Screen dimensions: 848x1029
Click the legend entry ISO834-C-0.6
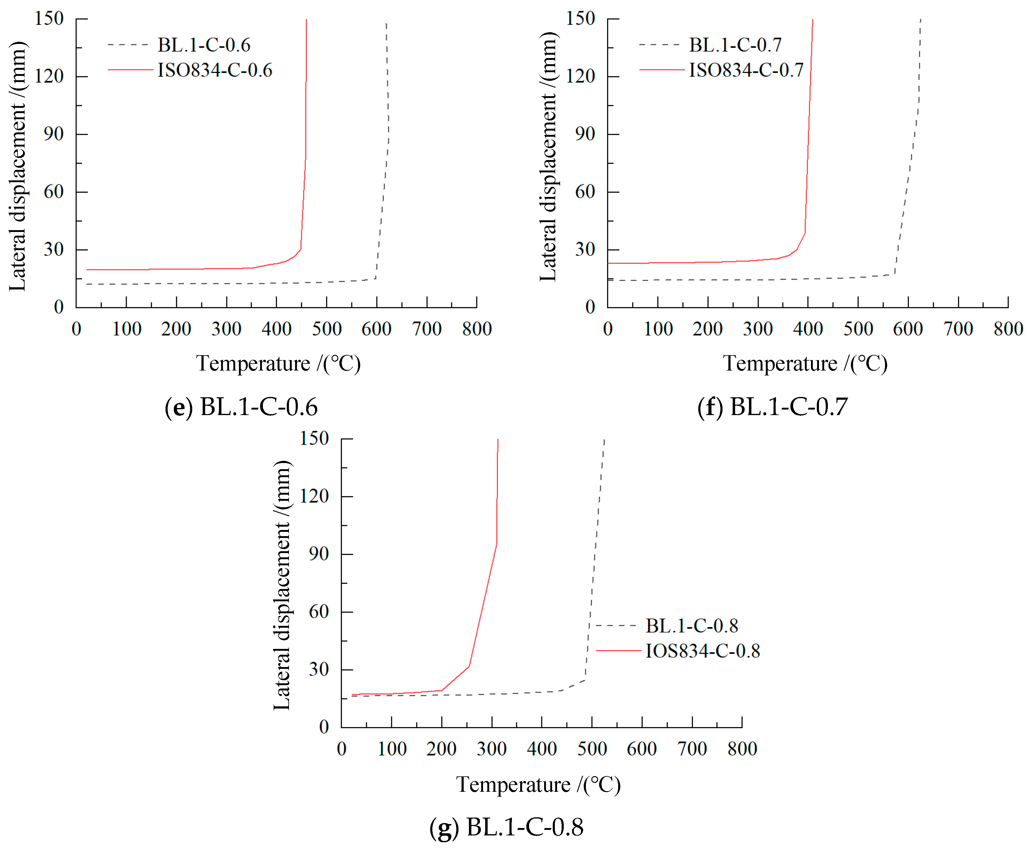click(214, 70)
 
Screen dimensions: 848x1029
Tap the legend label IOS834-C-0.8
click(703, 651)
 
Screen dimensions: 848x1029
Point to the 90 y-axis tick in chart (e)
click(54, 134)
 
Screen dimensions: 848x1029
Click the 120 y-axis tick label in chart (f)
click(580, 76)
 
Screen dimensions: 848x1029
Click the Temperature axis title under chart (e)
click(278, 364)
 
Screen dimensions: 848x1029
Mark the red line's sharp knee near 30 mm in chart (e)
click(300, 249)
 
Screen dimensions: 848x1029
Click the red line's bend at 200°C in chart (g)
click(442, 691)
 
